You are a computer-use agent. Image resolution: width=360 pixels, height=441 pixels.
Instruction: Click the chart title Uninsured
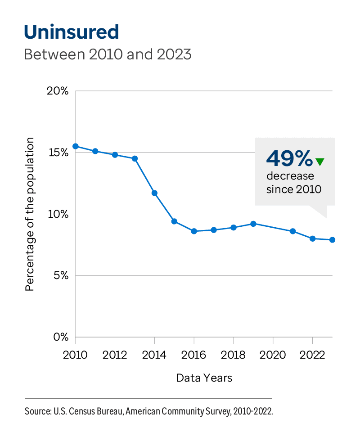tap(71, 32)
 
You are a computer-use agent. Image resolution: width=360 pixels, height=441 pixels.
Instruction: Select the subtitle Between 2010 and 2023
tap(108, 54)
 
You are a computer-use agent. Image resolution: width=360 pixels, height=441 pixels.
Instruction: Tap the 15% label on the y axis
tap(58, 153)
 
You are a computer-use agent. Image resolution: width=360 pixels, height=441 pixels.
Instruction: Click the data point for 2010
tap(76, 146)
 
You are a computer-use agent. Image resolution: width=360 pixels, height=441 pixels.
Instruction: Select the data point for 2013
tap(135, 158)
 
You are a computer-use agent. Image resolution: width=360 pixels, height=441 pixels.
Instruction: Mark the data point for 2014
tap(154, 193)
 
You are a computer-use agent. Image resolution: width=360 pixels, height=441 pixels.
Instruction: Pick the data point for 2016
tap(194, 231)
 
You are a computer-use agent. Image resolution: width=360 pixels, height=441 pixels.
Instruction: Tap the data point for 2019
tap(253, 224)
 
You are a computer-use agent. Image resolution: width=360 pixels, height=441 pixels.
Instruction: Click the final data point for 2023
tap(332, 240)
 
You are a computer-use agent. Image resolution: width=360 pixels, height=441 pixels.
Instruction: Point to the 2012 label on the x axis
tap(115, 355)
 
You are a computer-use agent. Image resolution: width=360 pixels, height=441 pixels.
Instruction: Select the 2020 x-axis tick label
tap(273, 355)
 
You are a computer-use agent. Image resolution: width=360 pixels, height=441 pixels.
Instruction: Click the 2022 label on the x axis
tap(312, 355)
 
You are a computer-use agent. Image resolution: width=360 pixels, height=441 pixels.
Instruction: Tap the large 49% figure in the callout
tap(289, 158)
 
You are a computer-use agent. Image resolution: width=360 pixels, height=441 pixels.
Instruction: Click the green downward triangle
tap(319, 162)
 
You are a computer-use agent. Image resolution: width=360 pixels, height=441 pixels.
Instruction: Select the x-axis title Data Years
tap(204, 378)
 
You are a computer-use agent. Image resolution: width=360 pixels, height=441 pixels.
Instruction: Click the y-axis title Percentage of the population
tap(30, 214)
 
